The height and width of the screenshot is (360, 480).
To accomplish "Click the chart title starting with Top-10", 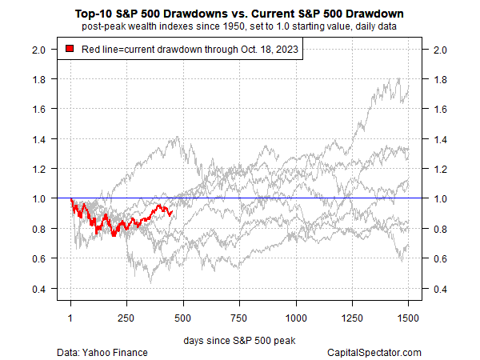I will (x=240, y=14).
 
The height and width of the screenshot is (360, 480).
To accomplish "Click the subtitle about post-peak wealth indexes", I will (x=240, y=28).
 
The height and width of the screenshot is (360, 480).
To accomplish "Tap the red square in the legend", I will (x=70, y=50).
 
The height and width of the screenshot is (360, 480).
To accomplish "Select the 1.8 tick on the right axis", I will (x=440, y=79).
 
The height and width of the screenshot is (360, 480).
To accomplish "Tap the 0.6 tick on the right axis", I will (x=440, y=258).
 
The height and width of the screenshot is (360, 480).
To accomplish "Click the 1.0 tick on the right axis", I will (x=440, y=198).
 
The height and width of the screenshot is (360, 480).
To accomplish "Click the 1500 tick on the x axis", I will (x=410, y=316).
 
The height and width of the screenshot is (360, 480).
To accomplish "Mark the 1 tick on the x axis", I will (x=70, y=316).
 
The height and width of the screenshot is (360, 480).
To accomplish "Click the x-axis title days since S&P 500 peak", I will (x=240, y=340).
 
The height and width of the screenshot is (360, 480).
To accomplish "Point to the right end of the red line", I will (x=172, y=212).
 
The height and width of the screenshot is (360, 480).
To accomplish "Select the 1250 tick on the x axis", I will (x=353, y=316).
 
